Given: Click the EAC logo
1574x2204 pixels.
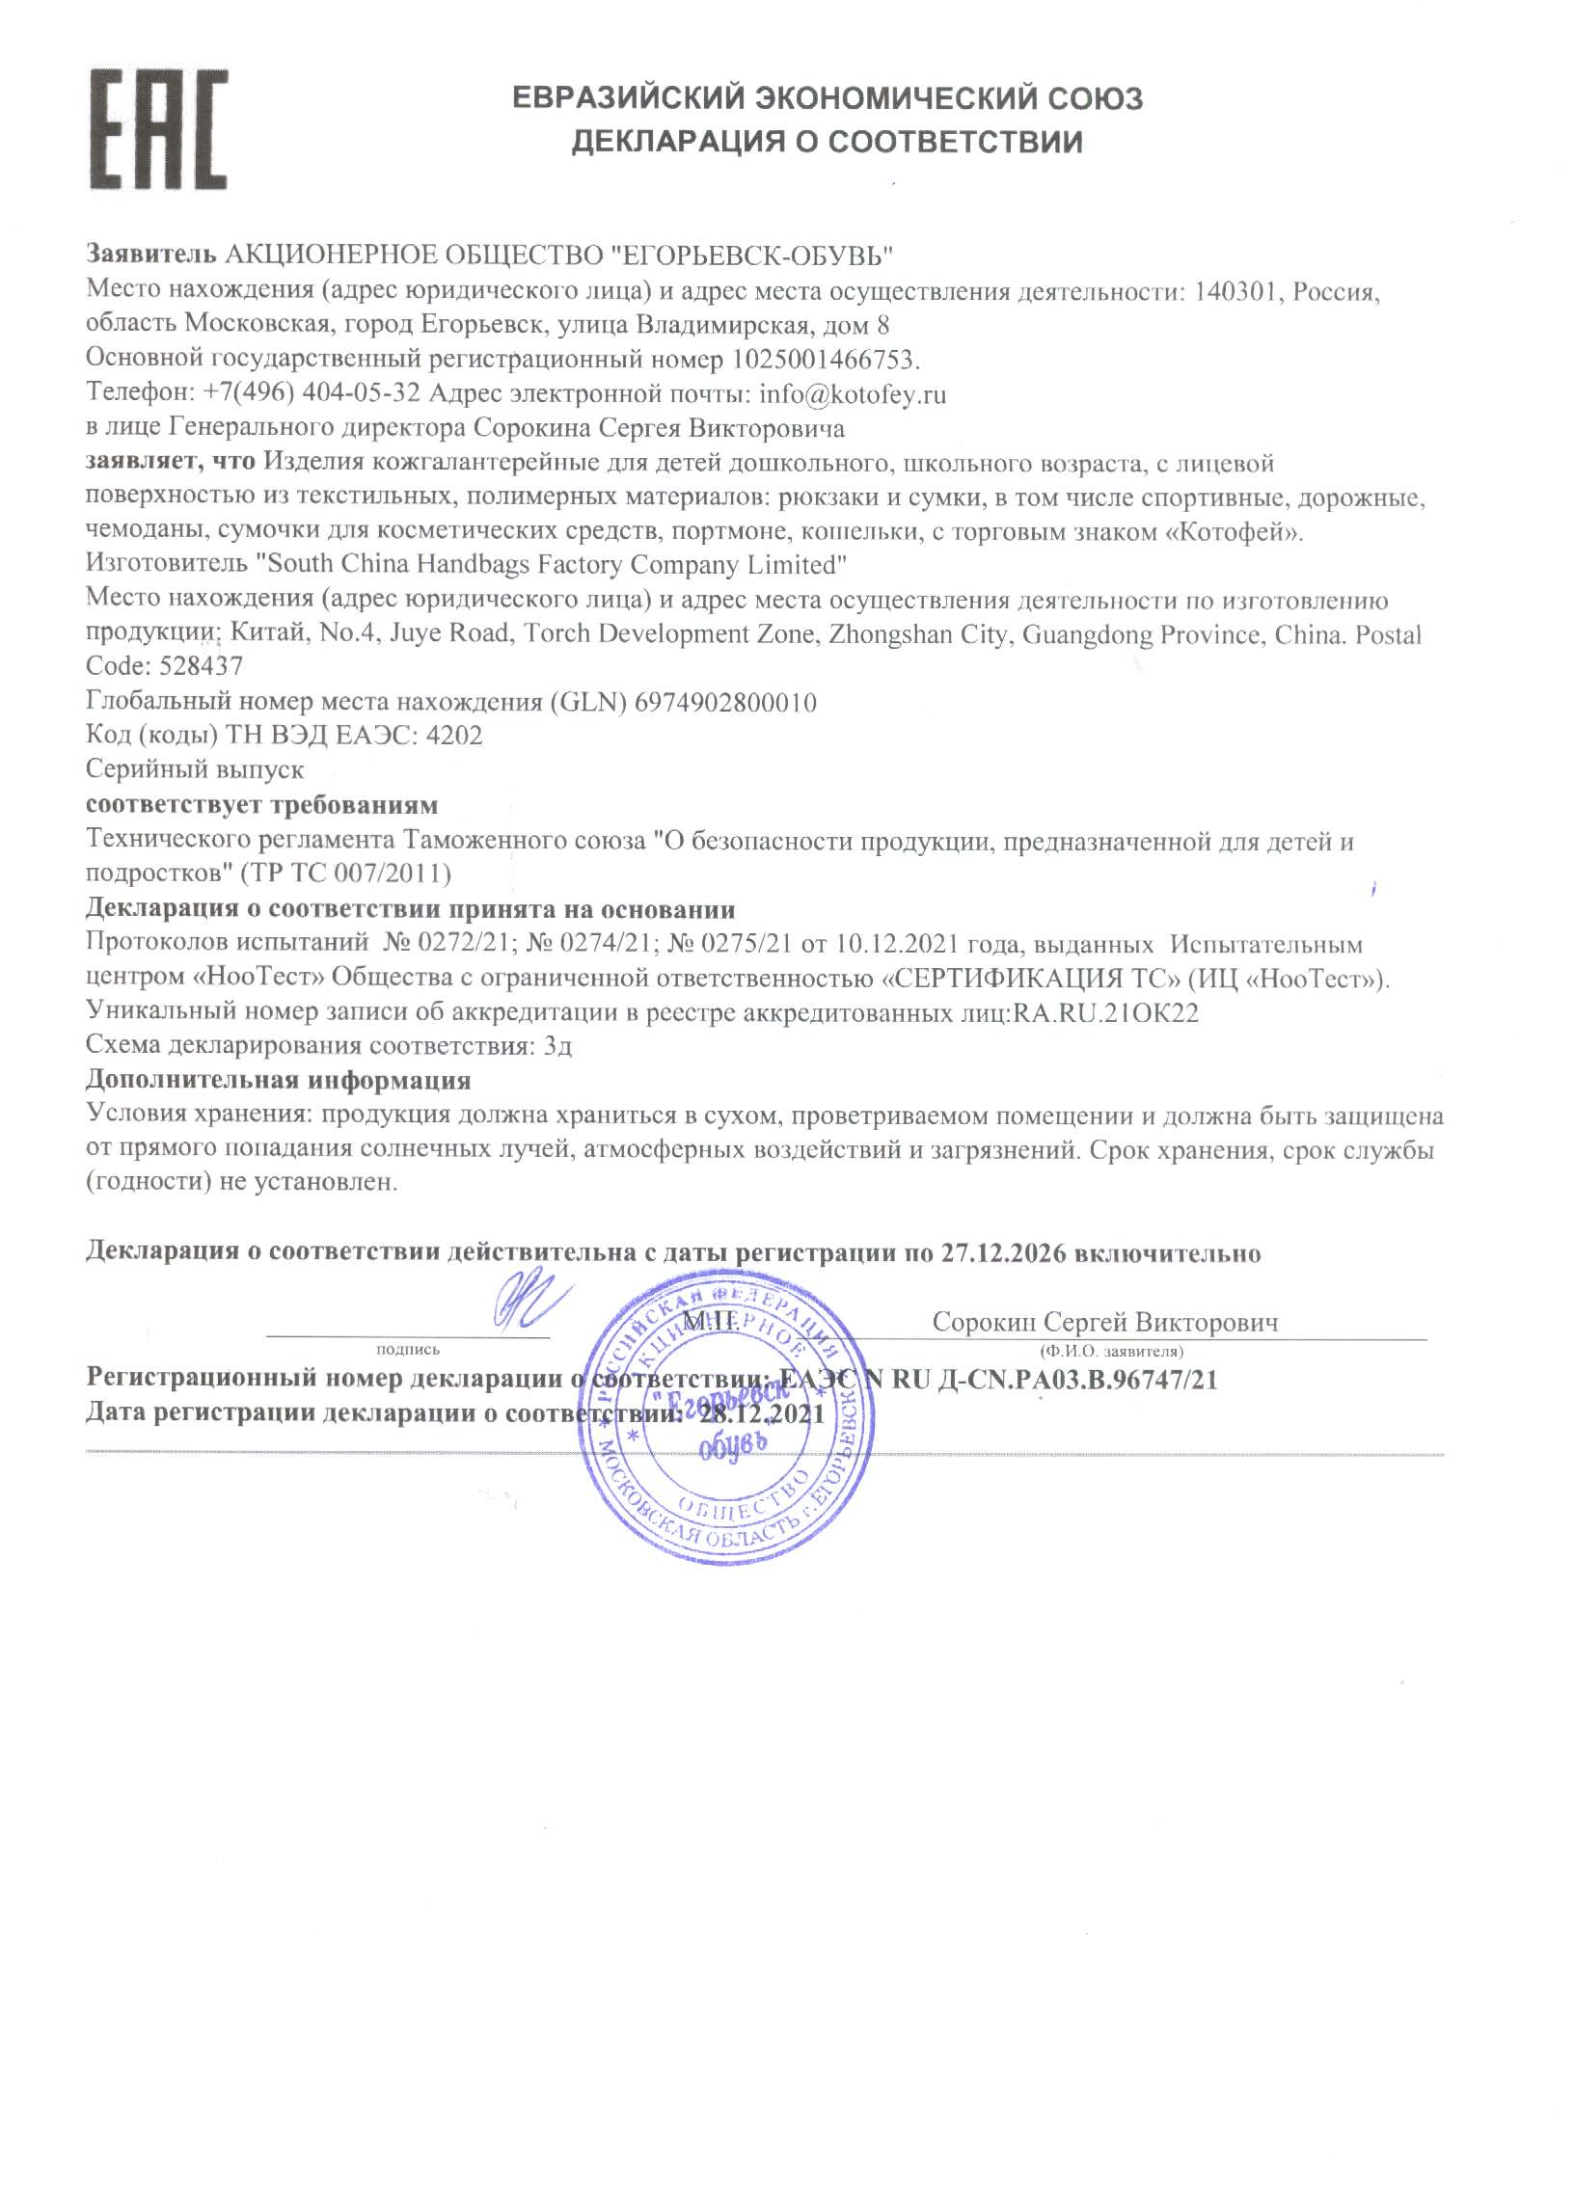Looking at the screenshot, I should coord(159,130).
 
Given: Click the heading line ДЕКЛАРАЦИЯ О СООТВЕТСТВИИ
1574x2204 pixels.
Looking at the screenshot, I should coord(826,143).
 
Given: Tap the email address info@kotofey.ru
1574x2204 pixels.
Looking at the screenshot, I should coord(852,394).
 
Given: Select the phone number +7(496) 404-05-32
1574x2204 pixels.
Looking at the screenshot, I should coord(312,394).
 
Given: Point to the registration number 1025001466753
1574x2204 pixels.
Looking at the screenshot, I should coord(823,361).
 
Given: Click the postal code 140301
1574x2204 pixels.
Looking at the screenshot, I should coord(1235,291).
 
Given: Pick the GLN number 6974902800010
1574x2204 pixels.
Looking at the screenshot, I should coord(725,703).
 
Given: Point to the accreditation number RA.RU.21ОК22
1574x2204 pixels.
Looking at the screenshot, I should coord(1106,1013).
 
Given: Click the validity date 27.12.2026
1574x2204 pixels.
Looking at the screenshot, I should coord(1003,1252).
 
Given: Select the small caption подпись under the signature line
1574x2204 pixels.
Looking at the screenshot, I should coord(407,1350).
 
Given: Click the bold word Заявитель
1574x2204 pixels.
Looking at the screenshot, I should coord(151,255).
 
